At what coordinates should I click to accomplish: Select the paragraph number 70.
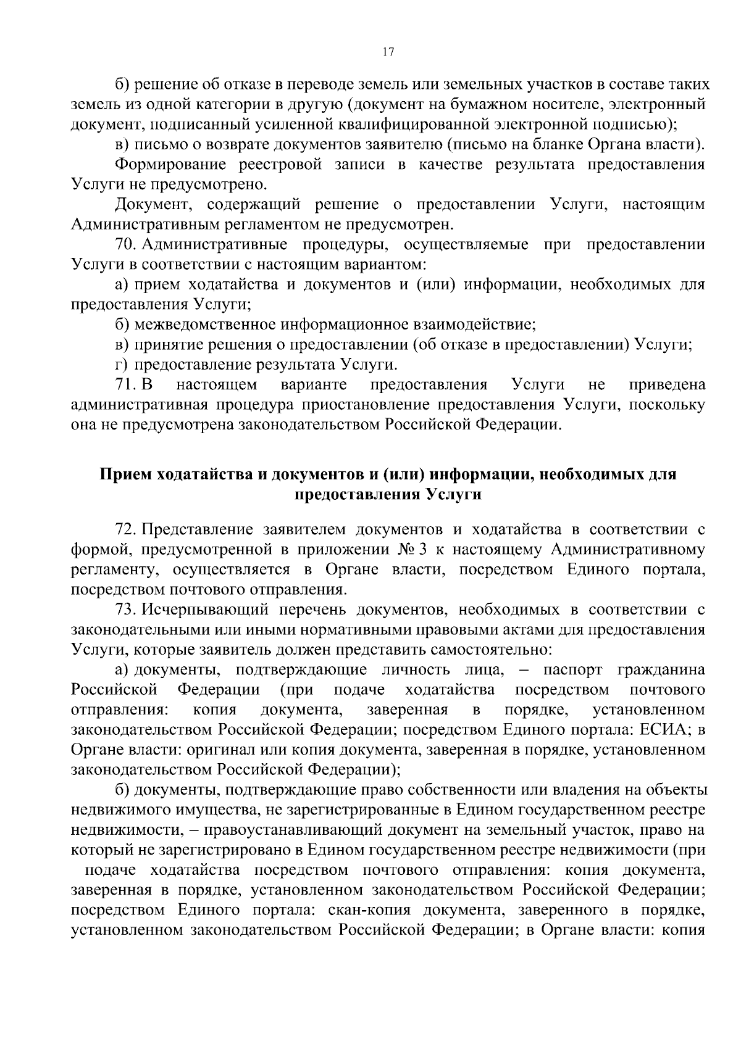125,244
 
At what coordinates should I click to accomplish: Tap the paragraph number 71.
125,385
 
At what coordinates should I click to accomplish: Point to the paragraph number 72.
125,529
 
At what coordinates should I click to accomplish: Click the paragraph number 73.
125,610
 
